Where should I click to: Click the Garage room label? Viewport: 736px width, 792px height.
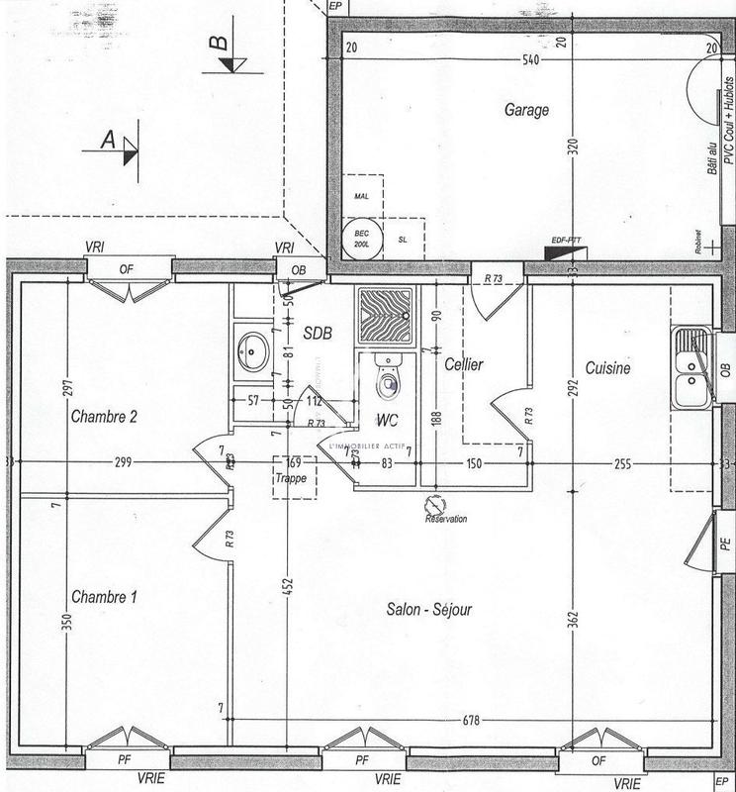pyautogui.click(x=525, y=111)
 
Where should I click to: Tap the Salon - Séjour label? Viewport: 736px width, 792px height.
pyautogui.click(x=429, y=610)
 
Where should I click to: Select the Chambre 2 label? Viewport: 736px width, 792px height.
pyautogui.click(x=104, y=417)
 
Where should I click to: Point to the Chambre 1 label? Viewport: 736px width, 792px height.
pyautogui.click(x=104, y=597)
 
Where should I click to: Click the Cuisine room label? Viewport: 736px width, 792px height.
pyautogui.click(x=607, y=367)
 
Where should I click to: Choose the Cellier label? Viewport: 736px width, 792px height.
pyautogui.click(x=463, y=364)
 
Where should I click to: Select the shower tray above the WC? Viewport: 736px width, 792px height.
pyautogui.click(x=387, y=314)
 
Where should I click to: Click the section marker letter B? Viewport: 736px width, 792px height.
pyautogui.click(x=218, y=43)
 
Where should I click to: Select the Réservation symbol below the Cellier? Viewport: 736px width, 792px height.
pyautogui.click(x=432, y=504)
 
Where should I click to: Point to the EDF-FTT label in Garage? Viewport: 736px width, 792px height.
pyautogui.click(x=565, y=241)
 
